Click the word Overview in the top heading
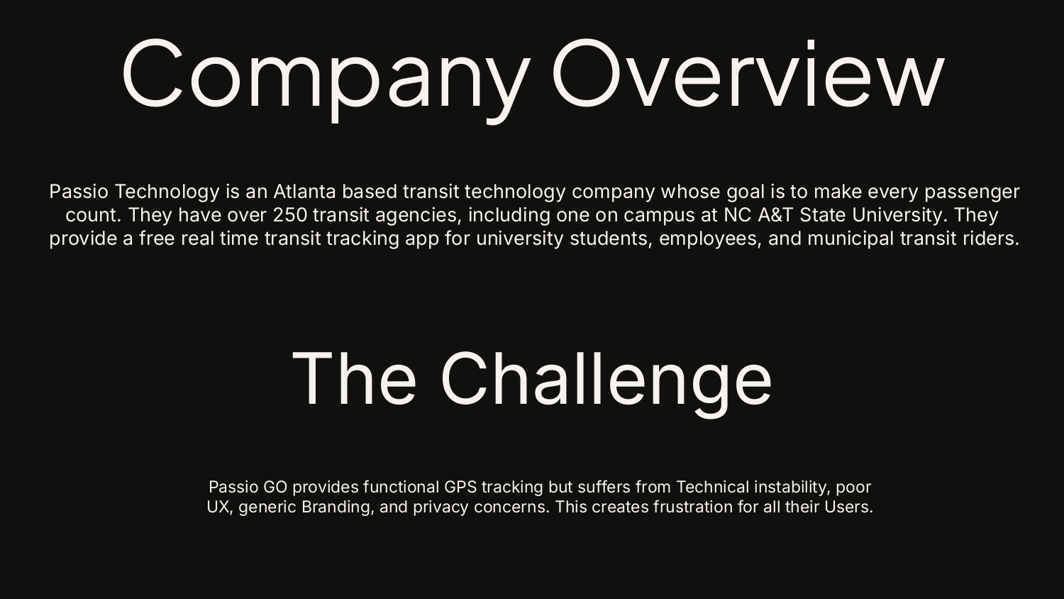point(748,75)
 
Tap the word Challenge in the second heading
point(606,379)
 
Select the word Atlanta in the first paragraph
point(304,192)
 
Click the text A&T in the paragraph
point(776,215)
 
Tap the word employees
point(710,238)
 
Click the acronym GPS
point(460,487)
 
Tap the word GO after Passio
point(275,487)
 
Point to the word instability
point(791,487)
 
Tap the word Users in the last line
point(847,507)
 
